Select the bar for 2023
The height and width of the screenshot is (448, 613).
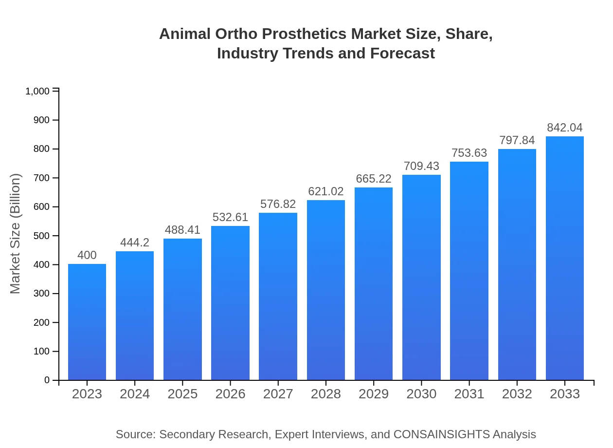tap(87, 322)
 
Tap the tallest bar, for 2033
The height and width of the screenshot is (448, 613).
tap(564, 258)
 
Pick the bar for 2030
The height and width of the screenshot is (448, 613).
tap(421, 278)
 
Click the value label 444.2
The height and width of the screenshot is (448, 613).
tap(135, 243)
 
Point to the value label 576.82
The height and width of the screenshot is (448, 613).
tap(278, 204)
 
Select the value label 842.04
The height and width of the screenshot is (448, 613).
tap(564, 128)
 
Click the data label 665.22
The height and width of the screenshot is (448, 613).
tap(374, 179)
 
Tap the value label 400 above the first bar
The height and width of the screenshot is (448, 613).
tap(87, 255)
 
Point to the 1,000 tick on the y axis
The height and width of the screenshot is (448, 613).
tap(37, 92)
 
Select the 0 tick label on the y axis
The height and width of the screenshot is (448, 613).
tap(47, 380)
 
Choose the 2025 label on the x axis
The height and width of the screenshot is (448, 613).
tap(182, 394)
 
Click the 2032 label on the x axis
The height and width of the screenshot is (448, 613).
tap(517, 394)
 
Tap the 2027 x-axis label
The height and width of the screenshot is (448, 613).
tap(278, 394)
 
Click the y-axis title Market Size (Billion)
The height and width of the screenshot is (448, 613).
tap(16, 234)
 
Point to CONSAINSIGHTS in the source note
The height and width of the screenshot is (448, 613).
tap(441, 434)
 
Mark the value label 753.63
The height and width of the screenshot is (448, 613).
tap(469, 153)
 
